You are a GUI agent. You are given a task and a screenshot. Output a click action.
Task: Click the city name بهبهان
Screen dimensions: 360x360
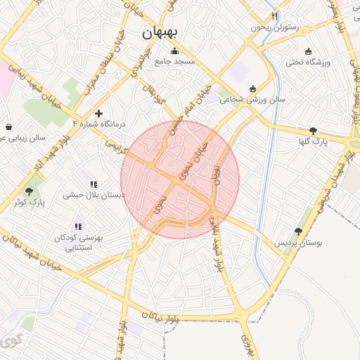(160, 32)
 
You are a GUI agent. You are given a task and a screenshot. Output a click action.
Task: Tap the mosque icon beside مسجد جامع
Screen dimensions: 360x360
(174, 51)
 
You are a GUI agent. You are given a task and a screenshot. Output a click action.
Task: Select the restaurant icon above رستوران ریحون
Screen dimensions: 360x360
(275, 16)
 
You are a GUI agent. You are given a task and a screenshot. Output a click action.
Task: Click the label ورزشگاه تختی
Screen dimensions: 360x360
(307, 63)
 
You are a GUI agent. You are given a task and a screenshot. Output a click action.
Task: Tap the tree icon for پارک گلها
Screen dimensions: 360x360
(313, 130)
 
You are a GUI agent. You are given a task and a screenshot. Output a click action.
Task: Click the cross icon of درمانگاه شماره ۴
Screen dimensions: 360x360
(98, 112)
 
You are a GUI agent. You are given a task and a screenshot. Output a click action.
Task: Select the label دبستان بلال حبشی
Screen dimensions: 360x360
(94, 195)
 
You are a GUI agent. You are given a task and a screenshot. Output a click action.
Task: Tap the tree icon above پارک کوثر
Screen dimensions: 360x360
(29, 191)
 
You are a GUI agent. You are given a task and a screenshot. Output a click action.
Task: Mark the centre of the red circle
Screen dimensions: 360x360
(180, 179)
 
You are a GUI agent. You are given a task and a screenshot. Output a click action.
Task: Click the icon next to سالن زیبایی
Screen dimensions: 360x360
(8, 127)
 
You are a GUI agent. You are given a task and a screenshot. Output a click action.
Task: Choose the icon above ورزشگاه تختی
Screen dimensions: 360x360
(308, 51)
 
